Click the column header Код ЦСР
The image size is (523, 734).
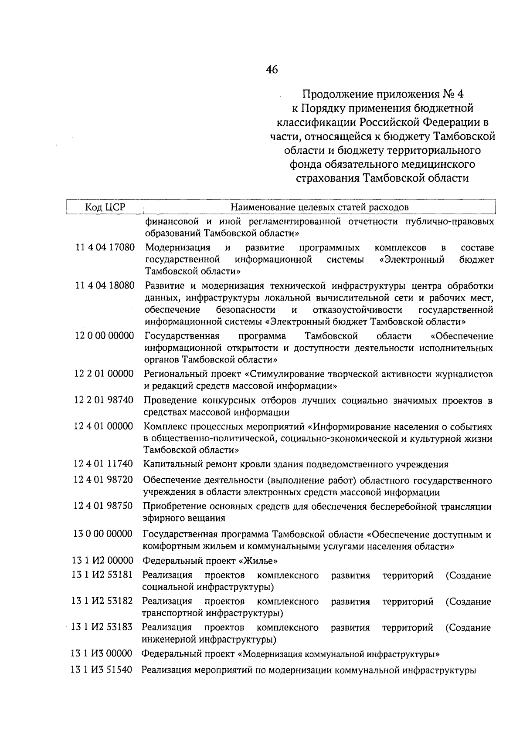105,207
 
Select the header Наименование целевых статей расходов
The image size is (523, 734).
319,207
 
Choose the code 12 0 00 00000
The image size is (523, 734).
104,336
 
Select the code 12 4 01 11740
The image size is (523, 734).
103,464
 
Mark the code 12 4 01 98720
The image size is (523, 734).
103,480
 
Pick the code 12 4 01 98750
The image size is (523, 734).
103,506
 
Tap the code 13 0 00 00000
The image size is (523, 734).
103,534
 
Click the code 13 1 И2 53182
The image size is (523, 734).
102,602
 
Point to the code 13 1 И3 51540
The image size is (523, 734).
102,670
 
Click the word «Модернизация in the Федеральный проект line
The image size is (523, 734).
270,654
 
